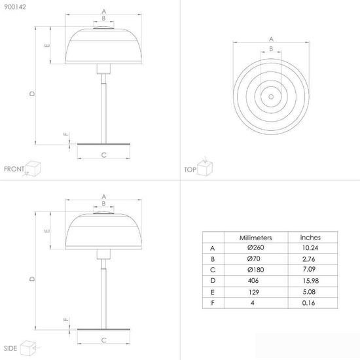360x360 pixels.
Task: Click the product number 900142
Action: [x=15, y=7]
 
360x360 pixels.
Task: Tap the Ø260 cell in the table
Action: [x=255, y=247]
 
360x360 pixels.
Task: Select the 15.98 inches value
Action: [x=311, y=281]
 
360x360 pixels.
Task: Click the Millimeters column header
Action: [x=255, y=238]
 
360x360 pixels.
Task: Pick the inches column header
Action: [x=310, y=238]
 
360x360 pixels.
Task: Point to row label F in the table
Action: [x=213, y=303]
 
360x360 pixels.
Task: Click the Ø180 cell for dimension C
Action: [x=255, y=270]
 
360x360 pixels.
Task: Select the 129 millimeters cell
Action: [x=254, y=292]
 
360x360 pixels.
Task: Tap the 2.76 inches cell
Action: [x=308, y=259]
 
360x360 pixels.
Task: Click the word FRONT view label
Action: [x=14, y=169]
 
